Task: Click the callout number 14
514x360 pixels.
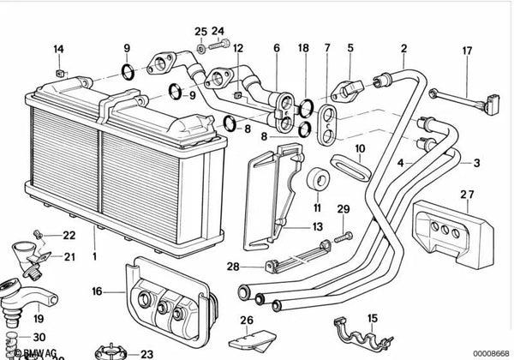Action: pyautogui.click(x=58, y=48)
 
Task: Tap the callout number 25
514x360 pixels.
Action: pyautogui.click(x=200, y=32)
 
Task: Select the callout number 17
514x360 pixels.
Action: pyautogui.click(x=468, y=51)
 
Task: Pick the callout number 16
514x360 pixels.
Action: pyautogui.click(x=98, y=292)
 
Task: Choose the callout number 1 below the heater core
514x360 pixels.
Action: pyautogui.click(x=95, y=256)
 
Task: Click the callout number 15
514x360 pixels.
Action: pyautogui.click(x=372, y=319)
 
